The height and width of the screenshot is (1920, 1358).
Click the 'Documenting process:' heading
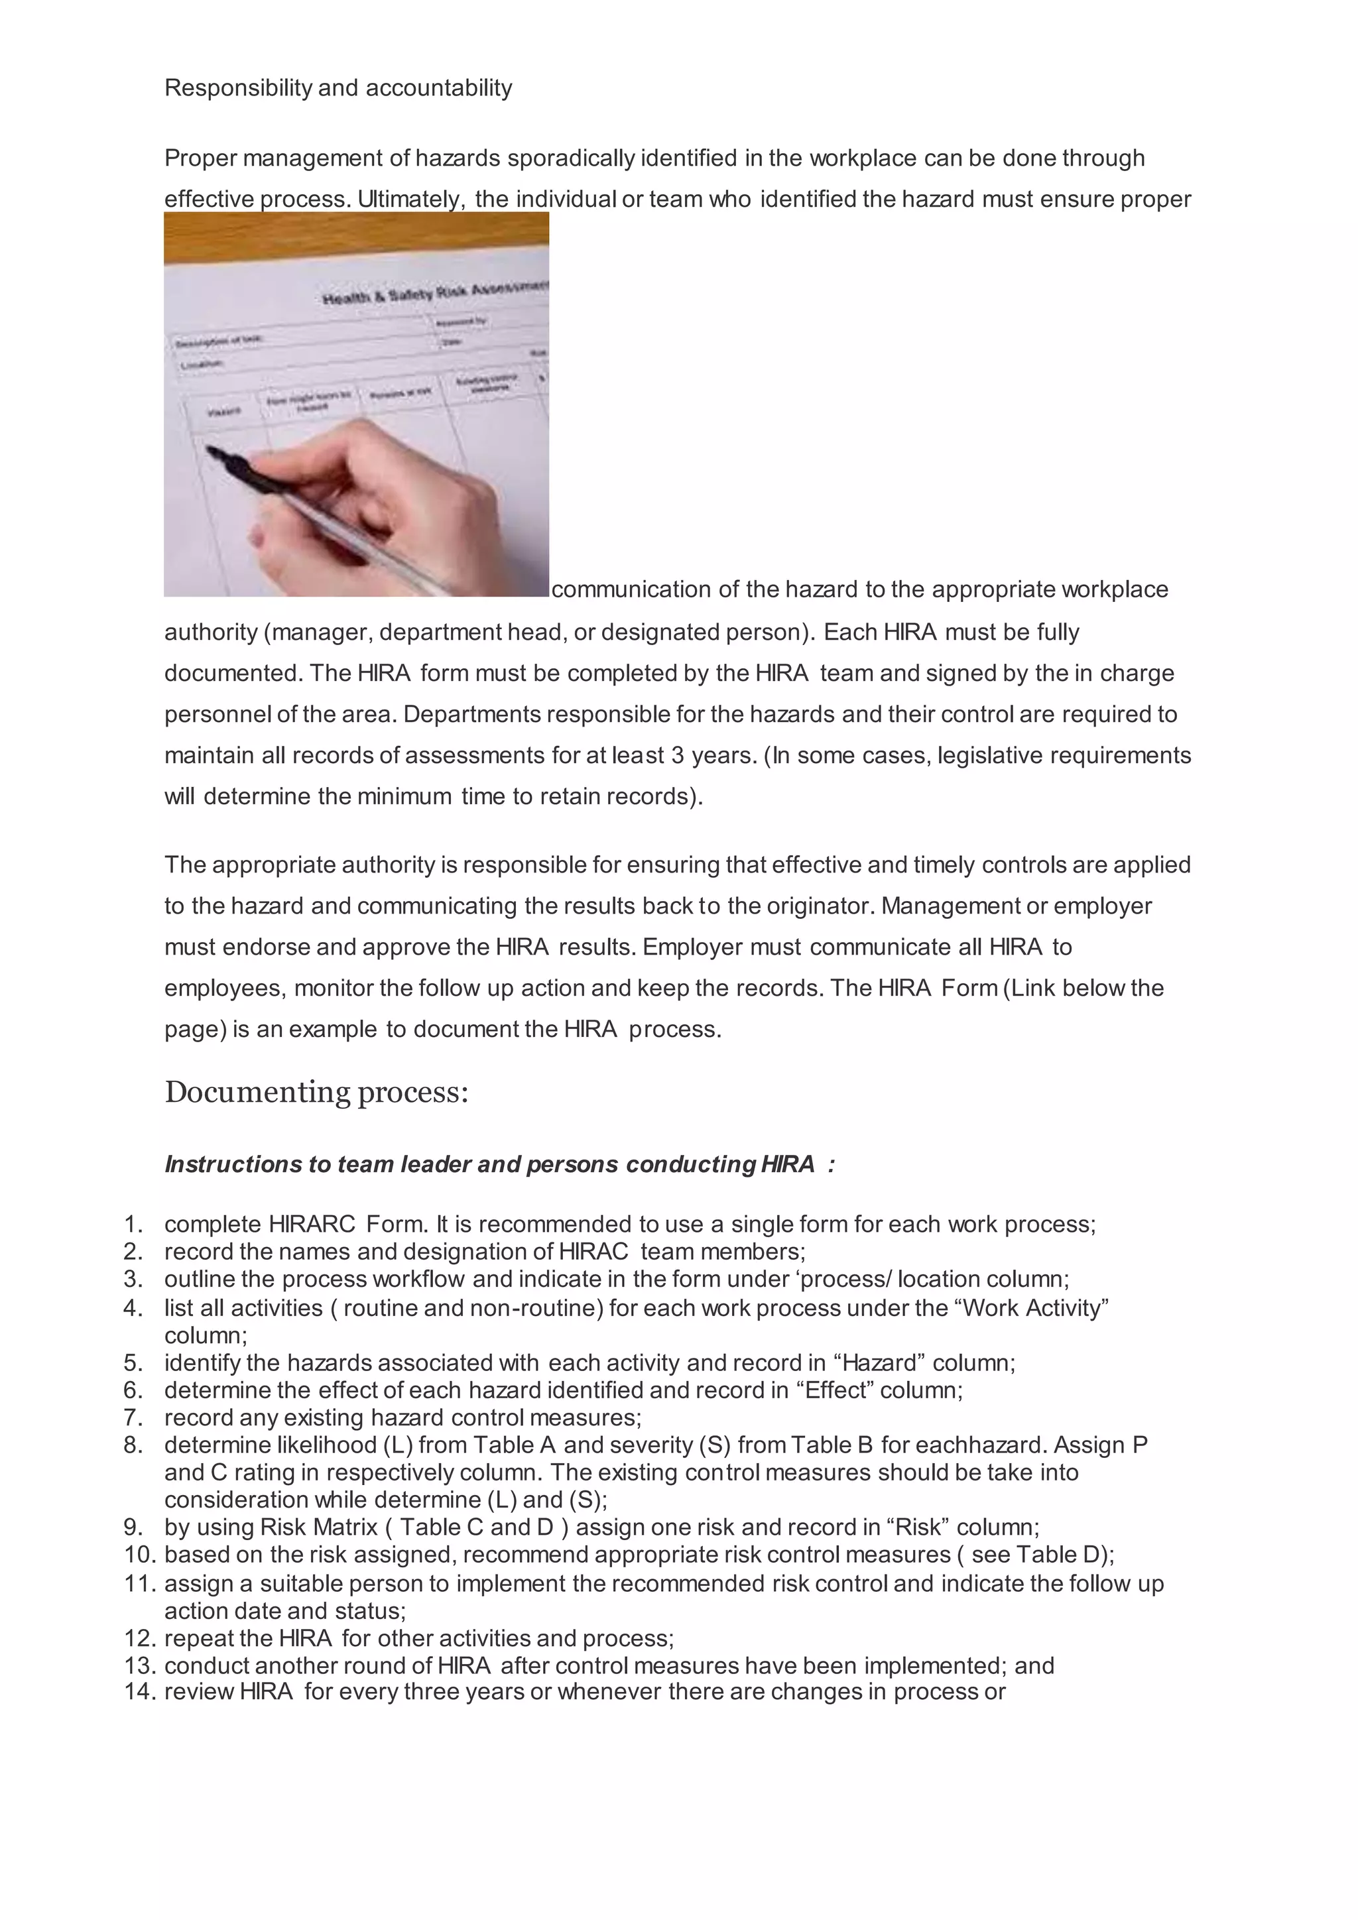pos(316,1092)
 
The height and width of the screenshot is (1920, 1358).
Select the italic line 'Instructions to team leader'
pos(499,1164)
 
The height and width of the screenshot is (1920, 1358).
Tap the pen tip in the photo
pos(212,451)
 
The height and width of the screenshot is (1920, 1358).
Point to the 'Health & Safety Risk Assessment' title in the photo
pos(435,292)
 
